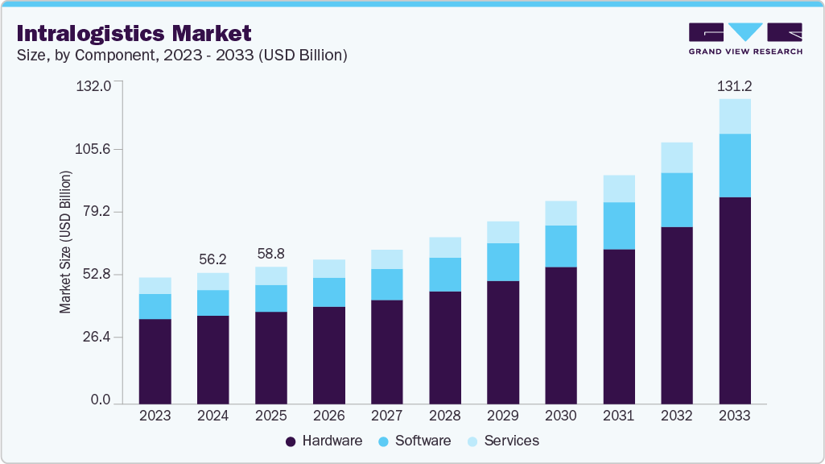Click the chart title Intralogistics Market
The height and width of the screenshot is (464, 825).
tap(134, 33)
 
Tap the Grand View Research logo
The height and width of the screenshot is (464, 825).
tap(745, 39)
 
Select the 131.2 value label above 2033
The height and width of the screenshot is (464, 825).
tap(734, 85)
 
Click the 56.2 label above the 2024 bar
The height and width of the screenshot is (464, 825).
tap(212, 259)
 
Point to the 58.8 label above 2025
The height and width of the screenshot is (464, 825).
tap(270, 253)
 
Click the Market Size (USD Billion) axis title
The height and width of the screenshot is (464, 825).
tap(65, 242)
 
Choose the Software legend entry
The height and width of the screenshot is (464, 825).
tap(414, 441)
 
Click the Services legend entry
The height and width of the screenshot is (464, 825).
tap(502, 441)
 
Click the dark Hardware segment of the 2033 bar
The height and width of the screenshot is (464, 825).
tap(734, 300)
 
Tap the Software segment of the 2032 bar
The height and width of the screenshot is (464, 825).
tap(676, 200)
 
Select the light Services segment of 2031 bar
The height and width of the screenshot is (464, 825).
tap(618, 188)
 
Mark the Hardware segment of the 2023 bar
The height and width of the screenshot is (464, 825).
tap(155, 361)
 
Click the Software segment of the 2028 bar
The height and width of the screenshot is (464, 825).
tap(444, 275)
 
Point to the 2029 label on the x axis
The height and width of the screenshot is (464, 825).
tap(502, 416)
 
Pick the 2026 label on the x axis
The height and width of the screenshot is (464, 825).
tap(328, 416)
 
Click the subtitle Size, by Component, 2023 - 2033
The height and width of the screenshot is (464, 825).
tap(181, 56)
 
